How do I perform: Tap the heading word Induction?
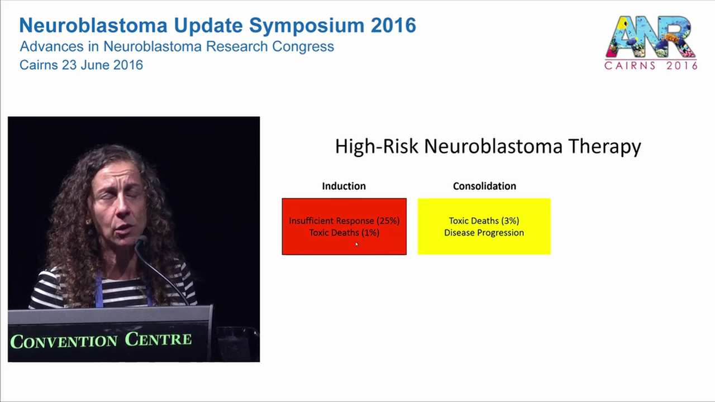pyautogui.click(x=344, y=186)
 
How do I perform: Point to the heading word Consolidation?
pyautogui.click(x=484, y=186)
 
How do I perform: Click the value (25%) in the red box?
pyautogui.click(x=388, y=221)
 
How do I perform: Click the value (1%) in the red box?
pyautogui.click(x=367, y=233)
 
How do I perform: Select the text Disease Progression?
pyautogui.click(x=484, y=233)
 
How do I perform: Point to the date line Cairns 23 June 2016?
pyautogui.click(x=81, y=65)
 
